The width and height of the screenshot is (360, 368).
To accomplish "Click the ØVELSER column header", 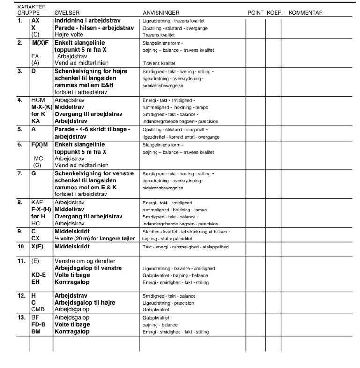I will coord(67,13).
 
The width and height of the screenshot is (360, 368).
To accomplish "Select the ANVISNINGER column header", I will coord(161,13).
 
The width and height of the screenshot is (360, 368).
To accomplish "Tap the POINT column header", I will coord(255,13).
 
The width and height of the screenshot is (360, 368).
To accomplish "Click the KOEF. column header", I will coord(274,13).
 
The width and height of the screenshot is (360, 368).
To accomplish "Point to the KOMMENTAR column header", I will coord(306,13).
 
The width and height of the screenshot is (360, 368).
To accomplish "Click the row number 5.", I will coord(20,129).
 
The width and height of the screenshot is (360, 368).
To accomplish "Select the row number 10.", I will coord(21,246).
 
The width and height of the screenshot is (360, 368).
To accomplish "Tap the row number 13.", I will coord(21,317).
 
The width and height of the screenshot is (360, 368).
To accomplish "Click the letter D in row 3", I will coord(33,71).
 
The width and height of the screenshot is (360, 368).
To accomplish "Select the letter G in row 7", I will coord(33,173).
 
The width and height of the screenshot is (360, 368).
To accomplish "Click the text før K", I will coord(38,114).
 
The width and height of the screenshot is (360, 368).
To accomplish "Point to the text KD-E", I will coord(39,275).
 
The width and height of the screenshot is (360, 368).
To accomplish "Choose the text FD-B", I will coord(39,324).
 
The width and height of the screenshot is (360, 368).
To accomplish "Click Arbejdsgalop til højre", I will coord(85,303).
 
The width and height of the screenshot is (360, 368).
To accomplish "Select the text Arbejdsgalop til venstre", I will coord(89,268).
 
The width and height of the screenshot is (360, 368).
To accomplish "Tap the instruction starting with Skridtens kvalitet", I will coord(186,232).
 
